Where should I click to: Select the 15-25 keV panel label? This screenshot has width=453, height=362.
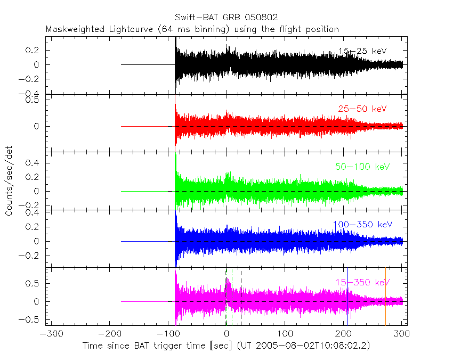click(x=362, y=51)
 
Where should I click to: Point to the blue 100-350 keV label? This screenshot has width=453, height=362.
click(x=362, y=224)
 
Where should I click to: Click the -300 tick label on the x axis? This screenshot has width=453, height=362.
click(x=50, y=334)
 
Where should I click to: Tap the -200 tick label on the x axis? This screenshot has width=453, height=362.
click(x=109, y=334)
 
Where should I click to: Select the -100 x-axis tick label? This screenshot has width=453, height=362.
click(x=167, y=334)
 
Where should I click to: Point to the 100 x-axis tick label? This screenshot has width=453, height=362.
click(x=285, y=334)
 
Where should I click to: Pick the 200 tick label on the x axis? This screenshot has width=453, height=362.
click(x=343, y=334)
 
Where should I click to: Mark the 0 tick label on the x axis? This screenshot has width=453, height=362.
click(x=226, y=334)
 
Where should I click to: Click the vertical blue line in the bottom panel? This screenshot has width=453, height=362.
click(x=347, y=298)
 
